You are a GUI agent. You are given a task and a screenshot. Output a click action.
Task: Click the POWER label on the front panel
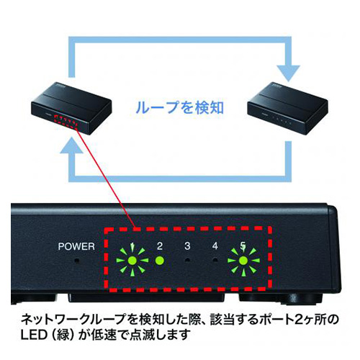coord(76,246)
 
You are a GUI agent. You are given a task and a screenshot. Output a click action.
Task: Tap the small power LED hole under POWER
coord(76,260)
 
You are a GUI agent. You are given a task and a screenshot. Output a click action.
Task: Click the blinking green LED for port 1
coord(132,261)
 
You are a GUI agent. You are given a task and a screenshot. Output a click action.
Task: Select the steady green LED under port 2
coord(160,261)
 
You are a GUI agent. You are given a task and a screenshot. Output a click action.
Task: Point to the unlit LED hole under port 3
coord(188,260)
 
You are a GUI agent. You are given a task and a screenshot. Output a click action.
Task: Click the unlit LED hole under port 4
coord(215,260)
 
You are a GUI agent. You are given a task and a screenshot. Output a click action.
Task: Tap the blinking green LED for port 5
coord(243,261)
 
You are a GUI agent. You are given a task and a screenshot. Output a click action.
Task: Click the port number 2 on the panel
coord(160,246)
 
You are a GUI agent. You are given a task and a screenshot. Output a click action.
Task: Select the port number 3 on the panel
coord(187,246)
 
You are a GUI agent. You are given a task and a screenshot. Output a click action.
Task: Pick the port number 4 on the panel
coord(215,246)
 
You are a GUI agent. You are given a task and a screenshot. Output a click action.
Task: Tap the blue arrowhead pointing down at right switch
coord(289,73)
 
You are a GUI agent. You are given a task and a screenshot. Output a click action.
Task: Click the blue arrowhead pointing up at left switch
coord(71,145)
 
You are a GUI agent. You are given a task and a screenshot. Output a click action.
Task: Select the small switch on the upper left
coord(71,109)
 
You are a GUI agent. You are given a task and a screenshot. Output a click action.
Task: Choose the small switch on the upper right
coord(288,109)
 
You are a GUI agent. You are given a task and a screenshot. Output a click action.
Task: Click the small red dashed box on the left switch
coord(66,122)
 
